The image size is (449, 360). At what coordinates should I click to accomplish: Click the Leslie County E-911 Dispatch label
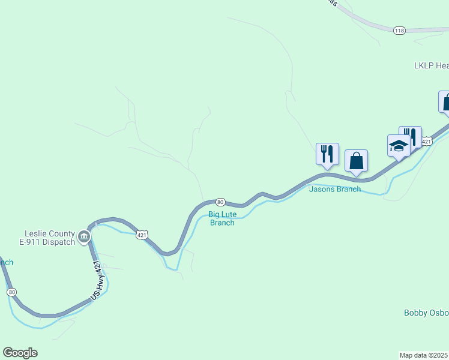click(50, 238)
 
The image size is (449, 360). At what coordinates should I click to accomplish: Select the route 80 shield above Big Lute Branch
click(220, 202)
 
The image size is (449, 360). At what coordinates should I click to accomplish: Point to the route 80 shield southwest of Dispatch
click(11, 292)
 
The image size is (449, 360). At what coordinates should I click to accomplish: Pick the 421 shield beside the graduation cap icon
click(426, 142)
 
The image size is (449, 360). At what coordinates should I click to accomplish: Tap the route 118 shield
click(399, 30)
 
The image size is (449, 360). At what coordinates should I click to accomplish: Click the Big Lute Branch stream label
click(221, 218)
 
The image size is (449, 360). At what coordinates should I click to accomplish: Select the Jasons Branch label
click(335, 189)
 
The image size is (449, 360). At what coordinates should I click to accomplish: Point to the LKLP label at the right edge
click(431, 65)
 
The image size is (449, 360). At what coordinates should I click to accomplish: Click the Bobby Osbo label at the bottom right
click(426, 313)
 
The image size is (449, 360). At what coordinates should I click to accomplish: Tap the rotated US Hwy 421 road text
click(98, 280)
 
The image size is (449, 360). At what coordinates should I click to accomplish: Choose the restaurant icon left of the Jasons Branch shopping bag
click(327, 154)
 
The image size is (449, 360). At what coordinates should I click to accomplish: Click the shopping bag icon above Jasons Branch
click(357, 161)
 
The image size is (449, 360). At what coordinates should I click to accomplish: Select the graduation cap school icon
click(399, 146)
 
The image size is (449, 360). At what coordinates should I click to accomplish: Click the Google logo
click(20, 353)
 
